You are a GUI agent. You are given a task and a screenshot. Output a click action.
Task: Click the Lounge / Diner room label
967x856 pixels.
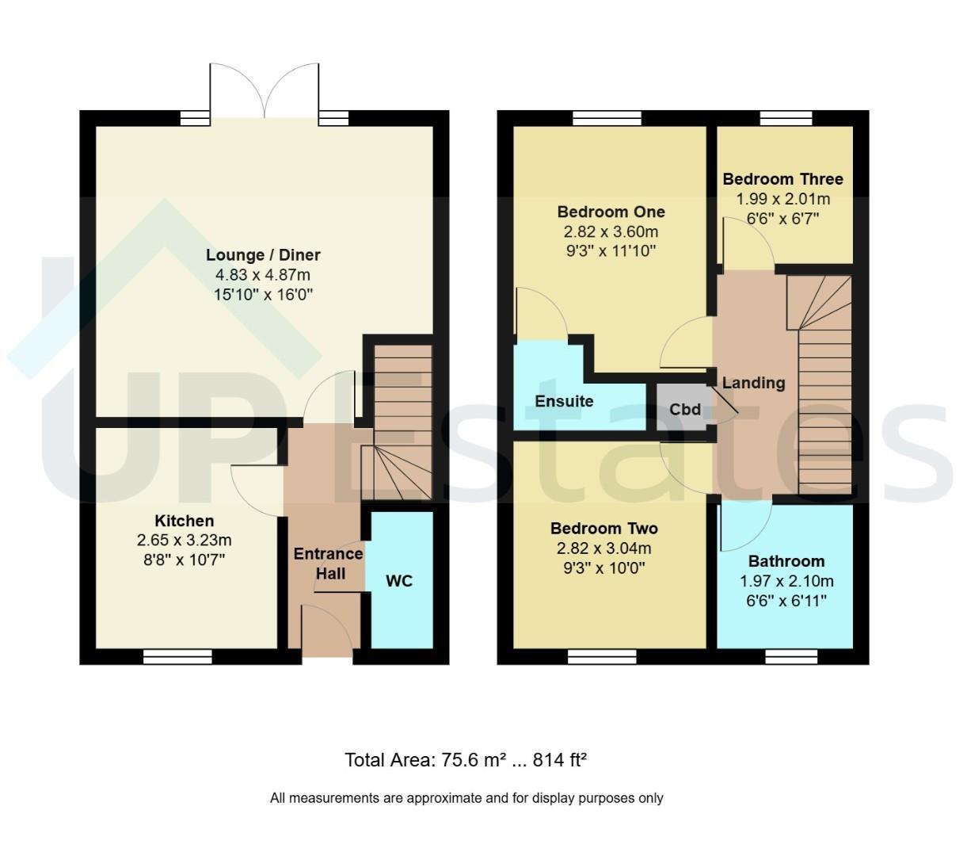coord(262,255)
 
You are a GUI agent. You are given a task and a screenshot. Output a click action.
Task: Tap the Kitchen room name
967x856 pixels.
coord(185,520)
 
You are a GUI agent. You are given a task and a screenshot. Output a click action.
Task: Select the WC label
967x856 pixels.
coord(399,581)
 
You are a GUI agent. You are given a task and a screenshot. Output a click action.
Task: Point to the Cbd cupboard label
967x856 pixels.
coord(685,409)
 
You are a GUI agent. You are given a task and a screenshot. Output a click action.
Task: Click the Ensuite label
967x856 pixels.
coord(564,401)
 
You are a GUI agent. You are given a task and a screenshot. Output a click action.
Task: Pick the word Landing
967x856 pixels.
coord(754,383)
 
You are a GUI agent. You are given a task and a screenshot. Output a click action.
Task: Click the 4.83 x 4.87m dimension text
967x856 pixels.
coord(263,275)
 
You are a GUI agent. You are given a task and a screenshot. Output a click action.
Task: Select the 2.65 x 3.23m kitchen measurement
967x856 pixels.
coord(185,541)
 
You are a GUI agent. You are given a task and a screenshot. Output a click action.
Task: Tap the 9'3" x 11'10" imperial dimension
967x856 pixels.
coord(611,251)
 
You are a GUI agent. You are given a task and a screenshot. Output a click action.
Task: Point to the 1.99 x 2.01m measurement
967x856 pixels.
coord(783,199)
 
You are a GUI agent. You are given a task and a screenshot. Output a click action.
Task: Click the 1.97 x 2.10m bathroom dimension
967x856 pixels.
coord(786,581)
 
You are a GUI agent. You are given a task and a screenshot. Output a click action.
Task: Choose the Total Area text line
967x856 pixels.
coord(466,759)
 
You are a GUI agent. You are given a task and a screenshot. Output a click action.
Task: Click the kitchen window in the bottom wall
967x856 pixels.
coord(177,657)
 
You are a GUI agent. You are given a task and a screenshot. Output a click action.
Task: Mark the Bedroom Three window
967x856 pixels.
coord(786,118)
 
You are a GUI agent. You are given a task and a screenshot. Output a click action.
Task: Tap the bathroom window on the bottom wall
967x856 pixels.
coord(791,657)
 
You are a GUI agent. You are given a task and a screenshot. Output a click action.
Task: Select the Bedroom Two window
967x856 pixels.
coord(603,657)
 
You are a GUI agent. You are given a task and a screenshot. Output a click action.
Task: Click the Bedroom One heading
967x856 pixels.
coord(611,212)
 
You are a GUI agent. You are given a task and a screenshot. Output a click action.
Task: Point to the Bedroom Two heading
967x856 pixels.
coord(604,529)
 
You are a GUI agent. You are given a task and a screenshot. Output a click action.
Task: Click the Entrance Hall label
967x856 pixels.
coord(329,564)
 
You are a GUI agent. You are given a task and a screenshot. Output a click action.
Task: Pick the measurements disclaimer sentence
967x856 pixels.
coord(466,798)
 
